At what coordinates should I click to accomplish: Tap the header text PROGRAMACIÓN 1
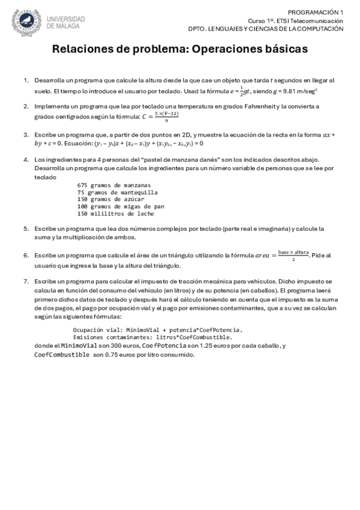coord(316,12)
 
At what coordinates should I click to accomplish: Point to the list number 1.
coord(26,79)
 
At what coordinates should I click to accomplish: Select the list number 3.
coord(26,135)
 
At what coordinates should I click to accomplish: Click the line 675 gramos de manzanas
coord(114,185)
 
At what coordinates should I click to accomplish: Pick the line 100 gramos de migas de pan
coord(121,206)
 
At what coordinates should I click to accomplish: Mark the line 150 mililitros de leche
coord(116,214)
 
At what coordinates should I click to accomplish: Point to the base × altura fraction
coord(293,254)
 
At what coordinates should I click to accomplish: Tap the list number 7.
coord(26,281)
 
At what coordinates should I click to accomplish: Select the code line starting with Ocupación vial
coord(157,330)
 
